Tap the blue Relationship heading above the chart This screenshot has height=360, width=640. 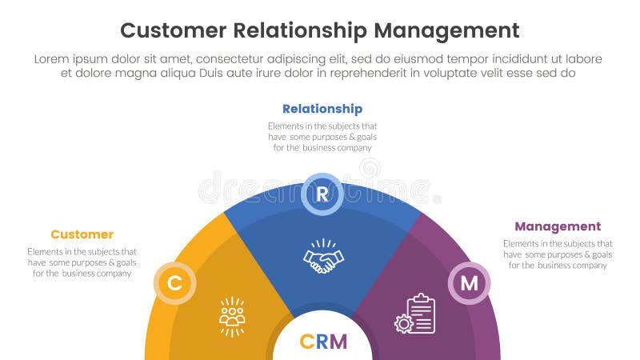point(322,109)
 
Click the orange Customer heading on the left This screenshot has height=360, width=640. point(82,234)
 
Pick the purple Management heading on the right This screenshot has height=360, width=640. point(558,226)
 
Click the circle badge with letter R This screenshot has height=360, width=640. point(322,194)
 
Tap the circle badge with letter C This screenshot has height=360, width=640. point(174,283)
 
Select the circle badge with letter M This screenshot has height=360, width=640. point(469,283)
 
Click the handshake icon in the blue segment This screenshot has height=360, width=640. point(322,257)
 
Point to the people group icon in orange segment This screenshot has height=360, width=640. point(232,316)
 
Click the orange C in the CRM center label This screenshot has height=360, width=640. point(306,342)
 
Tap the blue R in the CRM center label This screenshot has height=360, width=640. point(322,342)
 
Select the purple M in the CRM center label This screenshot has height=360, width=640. point(338,342)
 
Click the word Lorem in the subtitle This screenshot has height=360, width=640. point(51,59)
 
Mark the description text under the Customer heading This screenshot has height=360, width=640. point(82,262)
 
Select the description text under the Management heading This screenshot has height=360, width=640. point(558,254)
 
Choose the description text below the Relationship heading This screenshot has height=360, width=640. point(322,136)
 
